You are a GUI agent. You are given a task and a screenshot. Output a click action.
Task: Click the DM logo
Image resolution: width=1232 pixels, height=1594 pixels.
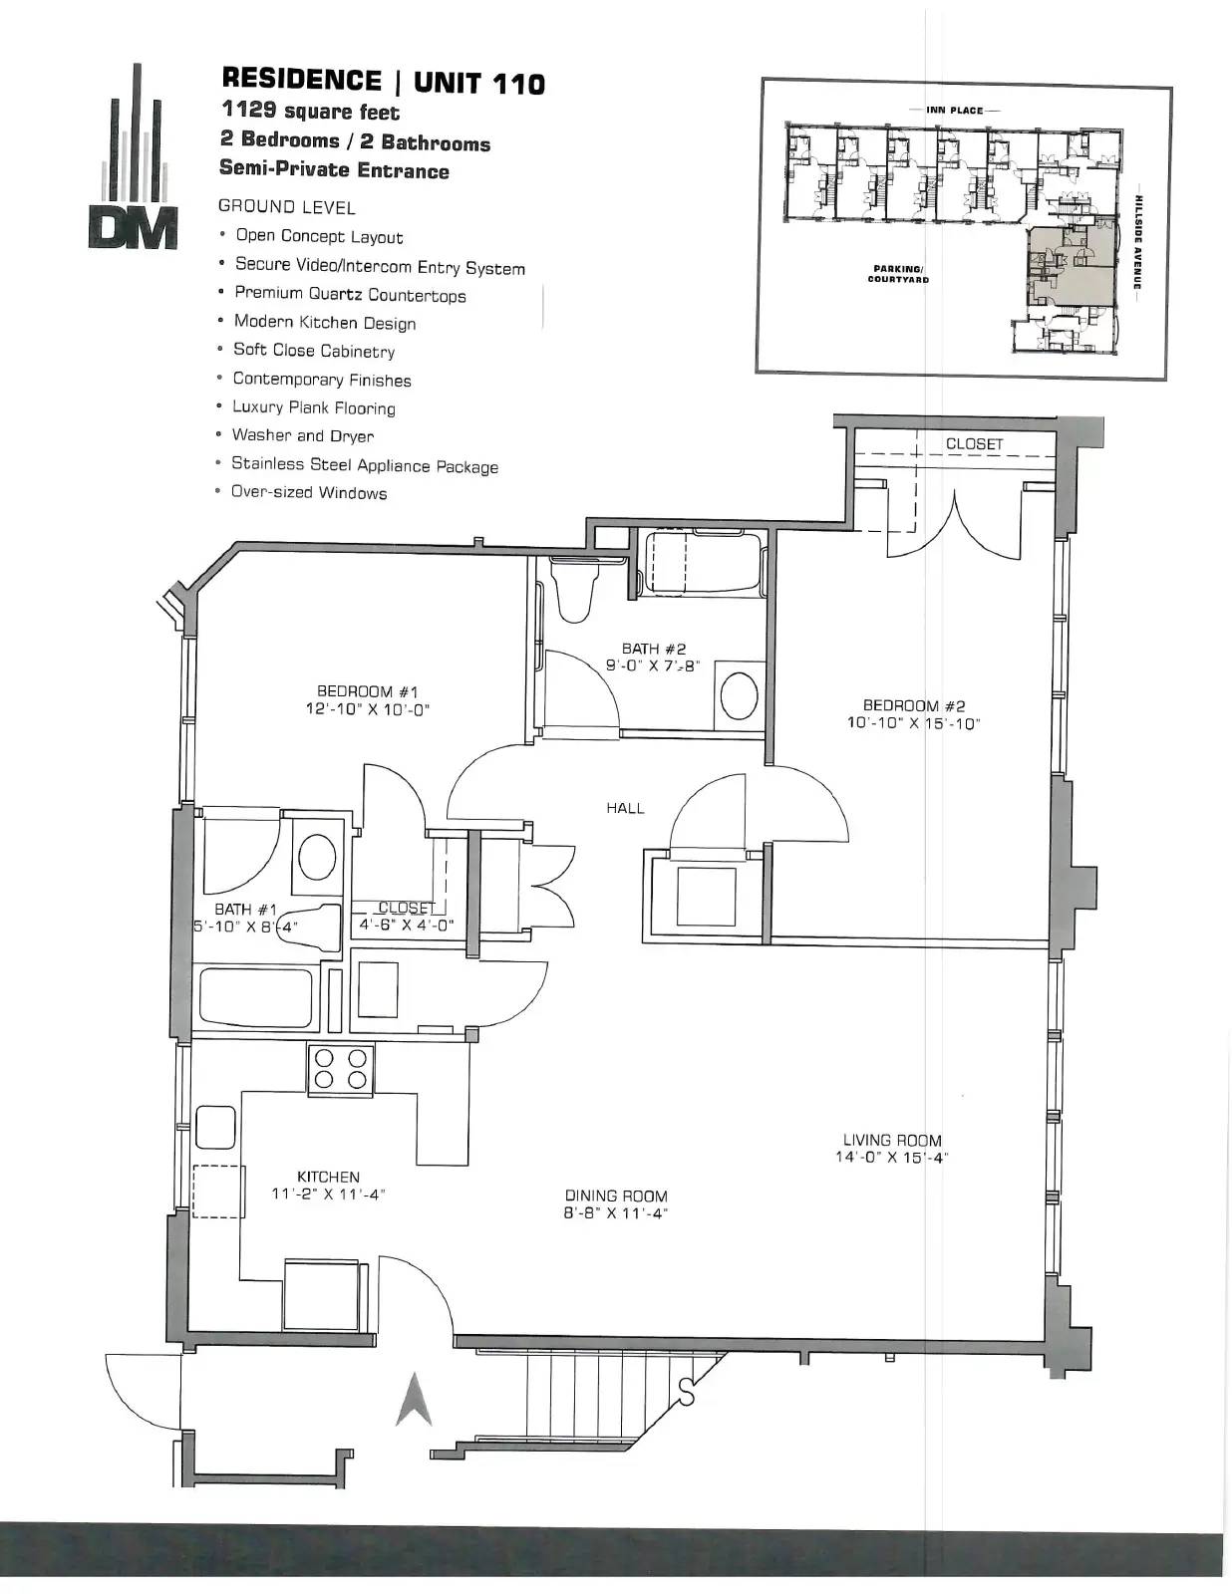click(133, 156)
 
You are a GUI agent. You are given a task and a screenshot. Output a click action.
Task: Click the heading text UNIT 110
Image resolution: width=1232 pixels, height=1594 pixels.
click(479, 83)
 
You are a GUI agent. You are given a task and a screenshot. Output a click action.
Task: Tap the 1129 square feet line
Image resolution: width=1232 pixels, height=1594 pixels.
click(311, 111)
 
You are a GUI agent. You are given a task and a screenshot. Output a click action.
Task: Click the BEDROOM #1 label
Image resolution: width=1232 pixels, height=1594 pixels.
click(367, 691)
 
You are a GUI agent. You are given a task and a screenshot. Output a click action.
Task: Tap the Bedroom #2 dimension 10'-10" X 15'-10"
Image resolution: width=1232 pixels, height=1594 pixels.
click(914, 723)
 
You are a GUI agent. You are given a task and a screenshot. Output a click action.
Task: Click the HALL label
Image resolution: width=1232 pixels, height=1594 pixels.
click(625, 808)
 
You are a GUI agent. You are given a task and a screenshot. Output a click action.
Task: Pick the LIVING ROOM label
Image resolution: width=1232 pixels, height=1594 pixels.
click(891, 1140)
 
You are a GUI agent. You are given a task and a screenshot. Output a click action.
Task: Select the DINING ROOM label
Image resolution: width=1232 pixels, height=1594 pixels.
click(616, 1196)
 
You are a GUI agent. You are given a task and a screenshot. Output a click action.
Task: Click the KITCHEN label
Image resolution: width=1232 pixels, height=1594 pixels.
click(328, 1177)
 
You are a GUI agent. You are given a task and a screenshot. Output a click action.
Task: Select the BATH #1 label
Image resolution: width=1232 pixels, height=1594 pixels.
click(246, 910)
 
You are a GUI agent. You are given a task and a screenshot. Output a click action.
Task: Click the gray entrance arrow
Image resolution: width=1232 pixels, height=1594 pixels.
click(414, 1400)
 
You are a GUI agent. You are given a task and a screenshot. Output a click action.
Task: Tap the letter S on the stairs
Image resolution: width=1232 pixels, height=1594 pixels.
click(686, 1392)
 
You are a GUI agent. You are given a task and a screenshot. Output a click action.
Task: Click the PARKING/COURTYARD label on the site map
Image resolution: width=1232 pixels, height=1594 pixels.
click(898, 274)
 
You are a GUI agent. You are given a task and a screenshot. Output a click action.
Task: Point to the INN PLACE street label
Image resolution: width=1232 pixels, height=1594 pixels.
click(955, 110)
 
